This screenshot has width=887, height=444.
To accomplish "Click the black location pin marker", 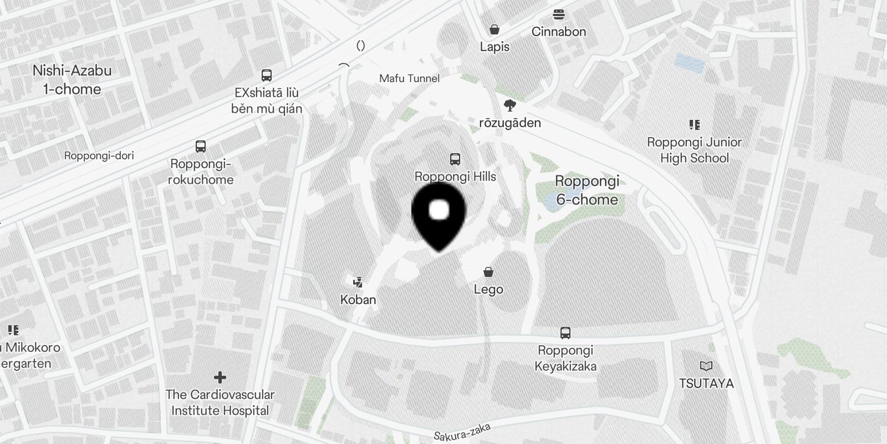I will [439, 214].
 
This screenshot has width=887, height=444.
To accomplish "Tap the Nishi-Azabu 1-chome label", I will [72, 80].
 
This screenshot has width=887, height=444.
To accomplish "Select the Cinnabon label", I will [558, 32].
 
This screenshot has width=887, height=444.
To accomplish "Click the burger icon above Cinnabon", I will [558, 14].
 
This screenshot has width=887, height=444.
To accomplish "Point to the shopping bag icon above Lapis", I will [494, 29].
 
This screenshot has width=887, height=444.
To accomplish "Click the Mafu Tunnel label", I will [409, 78].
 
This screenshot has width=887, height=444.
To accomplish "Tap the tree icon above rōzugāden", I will [509, 105].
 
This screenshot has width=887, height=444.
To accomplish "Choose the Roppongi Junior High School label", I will [694, 150].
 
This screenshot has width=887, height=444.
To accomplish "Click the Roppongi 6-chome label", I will [587, 190].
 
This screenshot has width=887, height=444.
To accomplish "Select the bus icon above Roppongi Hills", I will [455, 160].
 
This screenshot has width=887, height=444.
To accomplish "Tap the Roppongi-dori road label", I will [99, 155].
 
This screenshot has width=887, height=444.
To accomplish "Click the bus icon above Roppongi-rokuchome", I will [201, 147].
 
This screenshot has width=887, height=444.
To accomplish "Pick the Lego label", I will [488, 289].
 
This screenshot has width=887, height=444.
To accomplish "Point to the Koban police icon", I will [358, 282].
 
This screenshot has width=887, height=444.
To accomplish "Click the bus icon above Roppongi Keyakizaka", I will [565, 333].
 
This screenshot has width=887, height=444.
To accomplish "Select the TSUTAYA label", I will [706, 384].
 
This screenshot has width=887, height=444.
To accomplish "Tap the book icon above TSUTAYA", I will [706, 366].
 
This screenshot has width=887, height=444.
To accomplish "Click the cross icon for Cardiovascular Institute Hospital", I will [220, 377].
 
